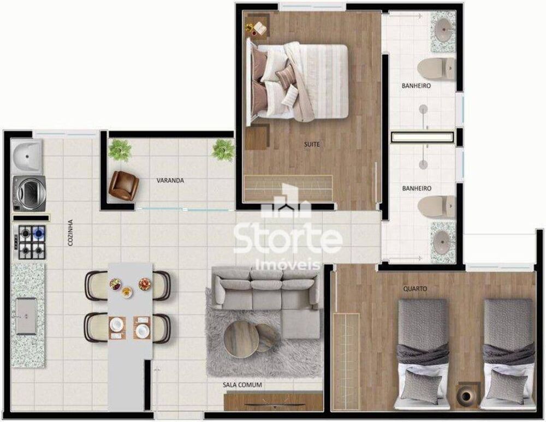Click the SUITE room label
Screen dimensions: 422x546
(312, 145)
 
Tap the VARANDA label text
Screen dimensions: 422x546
(170, 180)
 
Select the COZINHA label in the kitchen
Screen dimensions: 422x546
(70, 233)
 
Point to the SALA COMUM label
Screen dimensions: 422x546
(242, 385)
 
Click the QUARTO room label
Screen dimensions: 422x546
(415, 288)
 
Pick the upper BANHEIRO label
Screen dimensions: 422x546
(417, 86)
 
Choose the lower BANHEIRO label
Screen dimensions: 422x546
(417, 188)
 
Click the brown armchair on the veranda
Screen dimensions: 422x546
(123, 185)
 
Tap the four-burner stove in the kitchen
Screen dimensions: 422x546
(30, 242)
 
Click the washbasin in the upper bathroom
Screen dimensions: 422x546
(443, 25)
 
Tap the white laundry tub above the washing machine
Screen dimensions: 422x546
(27, 154)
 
